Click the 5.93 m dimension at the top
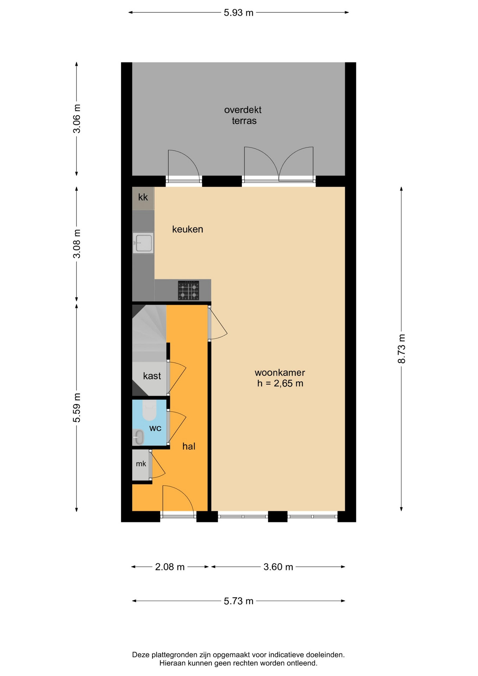(x=239, y=13)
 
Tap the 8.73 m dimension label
(x=402, y=349)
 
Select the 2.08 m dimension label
(x=170, y=567)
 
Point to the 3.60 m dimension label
(x=278, y=567)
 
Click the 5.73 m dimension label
(x=239, y=601)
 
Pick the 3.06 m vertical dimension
(x=77, y=119)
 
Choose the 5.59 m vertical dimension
(x=77, y=408)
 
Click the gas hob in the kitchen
(x=188, y=290)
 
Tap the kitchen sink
(x=143, y=243)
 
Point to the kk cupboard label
(x=143, y=197)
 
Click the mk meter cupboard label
(x=141, y=464)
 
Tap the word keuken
(x=188, y=229)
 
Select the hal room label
(x=189, y=446)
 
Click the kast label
(x=152, y=376)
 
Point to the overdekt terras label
(x=243, y=115)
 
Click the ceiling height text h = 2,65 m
(x=280, y=383)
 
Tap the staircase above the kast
(x=149, y=333)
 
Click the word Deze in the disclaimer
(x=141, y=655)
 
